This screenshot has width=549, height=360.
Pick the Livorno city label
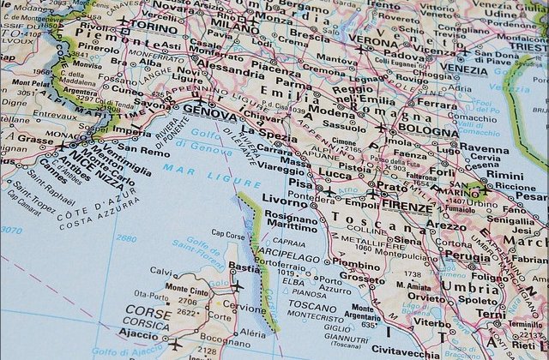[288, 202]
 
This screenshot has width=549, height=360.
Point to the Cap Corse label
[230, 233]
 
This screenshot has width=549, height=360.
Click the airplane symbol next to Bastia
[237, 286]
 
